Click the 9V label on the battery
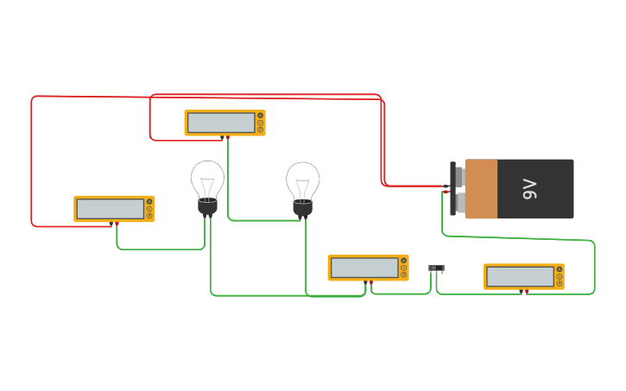(x=530, y=189)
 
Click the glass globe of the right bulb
(x=302, y=179)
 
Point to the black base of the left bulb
(x=207, y=207)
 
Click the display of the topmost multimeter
(x=221, y=123)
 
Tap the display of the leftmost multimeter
(x=111, y=209)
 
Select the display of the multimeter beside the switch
(x=364, y=268)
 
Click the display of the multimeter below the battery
(x=521, y=276)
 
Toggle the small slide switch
(x=437, y=268)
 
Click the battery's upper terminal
(x=458, y=177)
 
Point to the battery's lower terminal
(x=458, y=203)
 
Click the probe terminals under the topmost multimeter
(x=224, y=136)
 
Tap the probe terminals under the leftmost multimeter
(x=114, y=223)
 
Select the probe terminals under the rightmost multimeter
(x=524, y=290)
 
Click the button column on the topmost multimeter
(x=260, y=123)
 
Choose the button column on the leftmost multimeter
(x=149, y=209)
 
